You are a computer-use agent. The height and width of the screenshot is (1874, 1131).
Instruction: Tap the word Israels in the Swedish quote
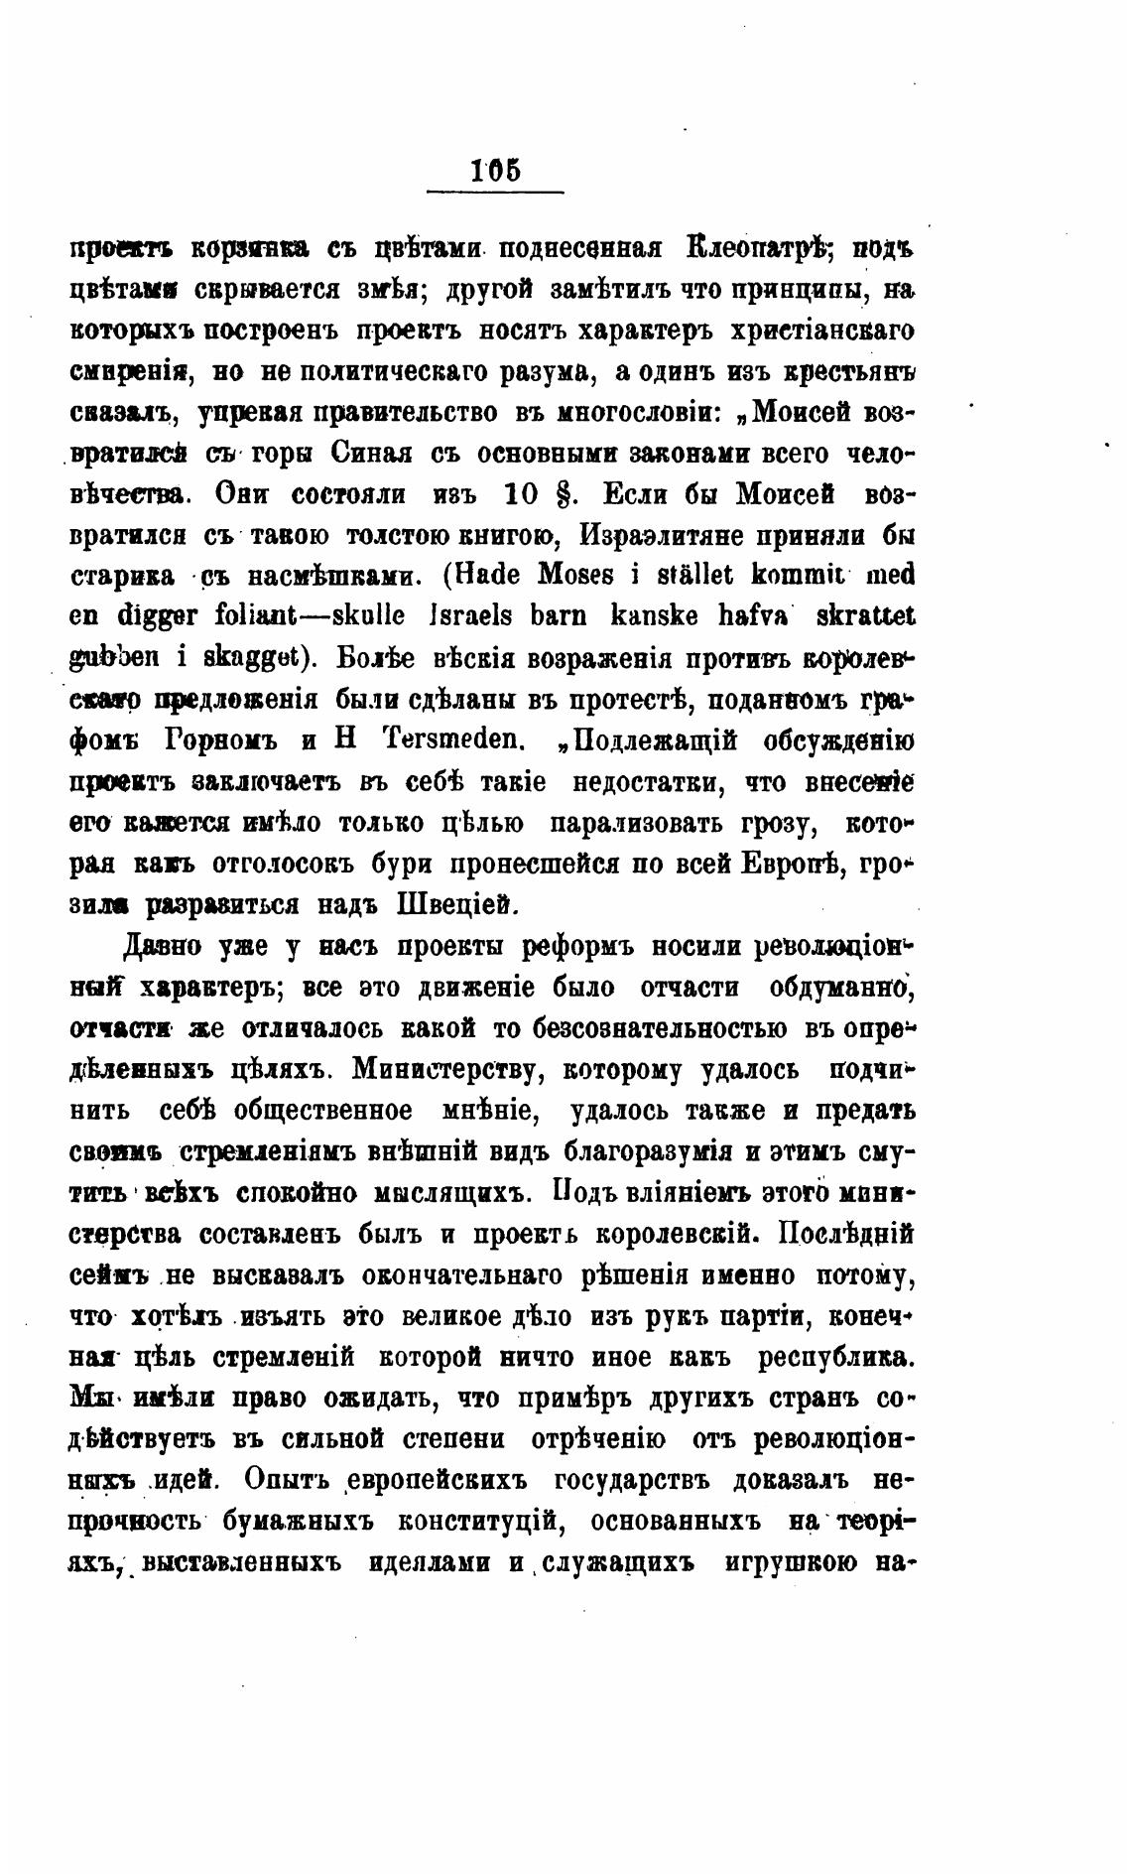point(469,616)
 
